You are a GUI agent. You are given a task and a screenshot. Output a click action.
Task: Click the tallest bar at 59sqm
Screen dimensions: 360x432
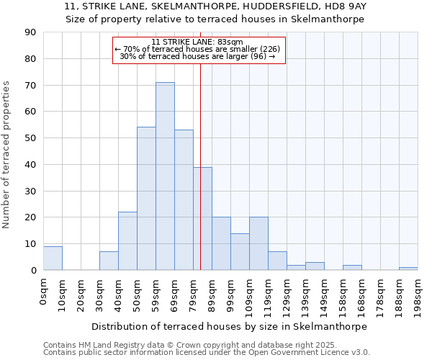tap(165, 176)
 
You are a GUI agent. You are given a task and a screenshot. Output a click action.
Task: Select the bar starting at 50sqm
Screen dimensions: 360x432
tap(146, 199)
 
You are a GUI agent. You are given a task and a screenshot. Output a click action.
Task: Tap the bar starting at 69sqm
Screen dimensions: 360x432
tap(184, 200)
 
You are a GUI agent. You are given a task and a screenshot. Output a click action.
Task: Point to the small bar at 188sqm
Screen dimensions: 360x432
tap(408, 269)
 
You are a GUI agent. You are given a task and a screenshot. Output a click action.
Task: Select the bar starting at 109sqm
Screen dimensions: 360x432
tap(258, 243)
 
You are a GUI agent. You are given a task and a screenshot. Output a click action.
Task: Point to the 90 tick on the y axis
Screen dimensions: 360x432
tap(30, 32)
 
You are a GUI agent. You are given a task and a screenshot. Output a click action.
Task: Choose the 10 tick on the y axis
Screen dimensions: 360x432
tap(30, 244)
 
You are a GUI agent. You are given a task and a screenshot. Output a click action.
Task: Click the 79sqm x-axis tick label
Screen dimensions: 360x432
tap(193, 294)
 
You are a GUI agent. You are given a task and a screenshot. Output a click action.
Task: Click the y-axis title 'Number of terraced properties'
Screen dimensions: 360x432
tap(6, 155)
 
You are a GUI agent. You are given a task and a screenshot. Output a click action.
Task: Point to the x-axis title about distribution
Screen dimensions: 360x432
tap(230, 326)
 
